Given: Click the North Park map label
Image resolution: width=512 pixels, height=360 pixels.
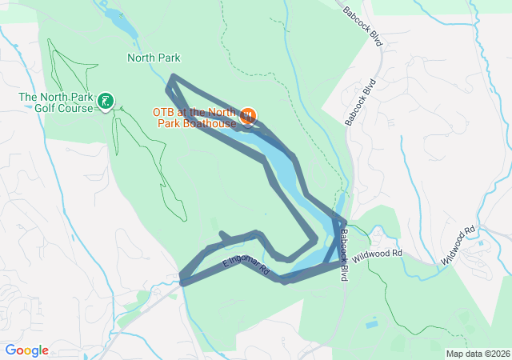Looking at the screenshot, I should click(x=154, y=58).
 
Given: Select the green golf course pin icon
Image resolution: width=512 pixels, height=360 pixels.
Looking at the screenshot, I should click(x=106, y=102).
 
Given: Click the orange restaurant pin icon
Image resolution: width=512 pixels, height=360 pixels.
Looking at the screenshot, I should click(x=248, y=117).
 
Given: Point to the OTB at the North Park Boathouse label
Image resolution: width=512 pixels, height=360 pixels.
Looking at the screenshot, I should click(x=196, y=118).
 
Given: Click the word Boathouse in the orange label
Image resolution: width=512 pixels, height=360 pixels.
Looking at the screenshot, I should click(x=210, y=124).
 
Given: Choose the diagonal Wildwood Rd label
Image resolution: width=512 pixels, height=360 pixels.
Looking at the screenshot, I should click(x=459, y=246).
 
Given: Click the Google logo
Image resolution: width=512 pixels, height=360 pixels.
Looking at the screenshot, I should click(x=26, y=350).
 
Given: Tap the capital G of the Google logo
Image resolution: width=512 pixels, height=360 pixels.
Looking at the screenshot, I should click(x=10, y=350).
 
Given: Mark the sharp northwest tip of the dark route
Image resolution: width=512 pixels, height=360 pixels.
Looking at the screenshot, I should click(x=172, y=78).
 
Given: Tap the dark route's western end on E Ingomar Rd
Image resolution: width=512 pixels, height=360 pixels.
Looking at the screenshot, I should click(x=184, y=281).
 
